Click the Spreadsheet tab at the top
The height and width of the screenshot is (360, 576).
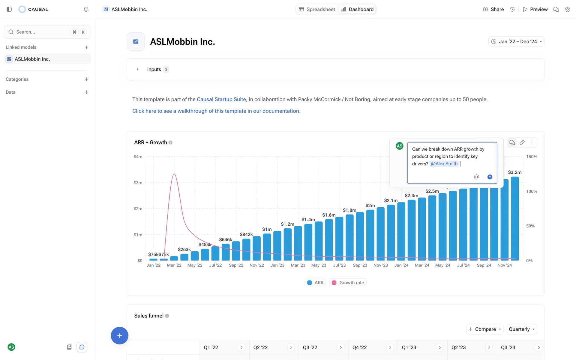(x=317, y=9)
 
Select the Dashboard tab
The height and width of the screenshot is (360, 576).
(x=357, y=9)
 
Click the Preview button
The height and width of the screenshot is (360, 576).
(x=535, y=9)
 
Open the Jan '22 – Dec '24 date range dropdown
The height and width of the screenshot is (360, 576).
(x=516, y=42)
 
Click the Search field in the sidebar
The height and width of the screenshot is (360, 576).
(x=42, y=32)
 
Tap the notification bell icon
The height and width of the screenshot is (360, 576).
(x=86, y=9)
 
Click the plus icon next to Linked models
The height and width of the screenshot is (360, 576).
(x=86, y=47)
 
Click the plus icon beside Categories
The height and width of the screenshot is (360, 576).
(x=86, y=79)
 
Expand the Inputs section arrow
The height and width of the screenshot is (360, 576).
(x=138, y=70)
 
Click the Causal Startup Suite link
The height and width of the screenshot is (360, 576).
(x=221, y=99)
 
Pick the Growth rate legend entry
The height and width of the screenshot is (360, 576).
(x=348, y=283)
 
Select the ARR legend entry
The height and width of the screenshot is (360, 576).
(x=315, y=283)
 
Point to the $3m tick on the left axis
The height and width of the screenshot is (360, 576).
(x=138, y=183)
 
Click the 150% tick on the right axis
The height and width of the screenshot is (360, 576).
(x=532, y=157)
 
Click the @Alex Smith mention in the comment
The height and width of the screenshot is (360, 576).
(x=444, y=164)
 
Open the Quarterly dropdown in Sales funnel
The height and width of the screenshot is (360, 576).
(x=522, y=329)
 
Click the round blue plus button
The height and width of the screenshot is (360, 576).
(x=119, y=335)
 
